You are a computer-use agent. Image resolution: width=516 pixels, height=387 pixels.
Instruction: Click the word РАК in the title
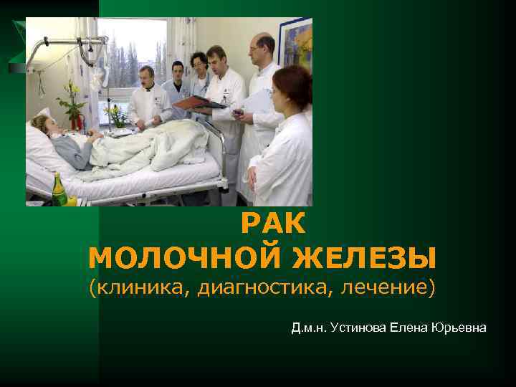pos(273,225)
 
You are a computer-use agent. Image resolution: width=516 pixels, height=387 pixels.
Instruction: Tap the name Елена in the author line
pos(408,328)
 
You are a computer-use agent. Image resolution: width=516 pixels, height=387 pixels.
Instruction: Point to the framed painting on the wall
pos(296,47)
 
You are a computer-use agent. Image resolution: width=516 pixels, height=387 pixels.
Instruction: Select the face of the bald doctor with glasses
pos(259,50)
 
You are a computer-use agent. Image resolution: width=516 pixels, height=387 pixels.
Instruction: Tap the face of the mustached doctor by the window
pos(148,78)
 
